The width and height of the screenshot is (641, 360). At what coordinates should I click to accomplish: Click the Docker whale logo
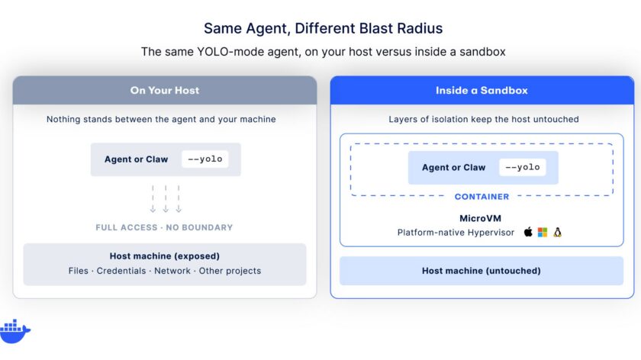point(14,331)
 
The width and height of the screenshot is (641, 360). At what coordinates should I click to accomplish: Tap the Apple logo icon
point(528,232)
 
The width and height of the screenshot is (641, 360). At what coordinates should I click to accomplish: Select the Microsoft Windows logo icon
point(543,233)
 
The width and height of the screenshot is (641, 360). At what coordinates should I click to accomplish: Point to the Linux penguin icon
point(557,233)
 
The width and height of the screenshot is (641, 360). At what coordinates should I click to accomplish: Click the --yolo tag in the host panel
point(205,159)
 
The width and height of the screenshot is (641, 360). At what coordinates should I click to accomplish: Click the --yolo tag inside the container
point(523,167)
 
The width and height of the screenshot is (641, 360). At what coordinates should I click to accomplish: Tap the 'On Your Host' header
point(165,90)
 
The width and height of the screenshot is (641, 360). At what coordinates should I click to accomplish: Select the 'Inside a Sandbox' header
point(482,90)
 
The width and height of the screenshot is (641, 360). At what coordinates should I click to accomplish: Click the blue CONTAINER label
point(482,197)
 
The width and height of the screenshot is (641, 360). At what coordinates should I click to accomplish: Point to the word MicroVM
point(480,218)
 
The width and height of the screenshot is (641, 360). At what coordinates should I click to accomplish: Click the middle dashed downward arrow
point(166,199)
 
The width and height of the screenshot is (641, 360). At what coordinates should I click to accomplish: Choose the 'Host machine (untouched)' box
point(482,271)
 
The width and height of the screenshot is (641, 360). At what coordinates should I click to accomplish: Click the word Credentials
point(121,271)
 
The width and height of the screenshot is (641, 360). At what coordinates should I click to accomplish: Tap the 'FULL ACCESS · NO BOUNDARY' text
point(164,227)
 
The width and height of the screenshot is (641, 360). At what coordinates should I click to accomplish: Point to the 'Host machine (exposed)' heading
point(165,256)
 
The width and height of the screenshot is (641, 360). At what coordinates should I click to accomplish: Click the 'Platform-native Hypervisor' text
point(456,233)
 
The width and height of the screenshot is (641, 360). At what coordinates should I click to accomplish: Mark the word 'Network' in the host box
point(172,271)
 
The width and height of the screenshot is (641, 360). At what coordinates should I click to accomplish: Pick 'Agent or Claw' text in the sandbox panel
point(454,168)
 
